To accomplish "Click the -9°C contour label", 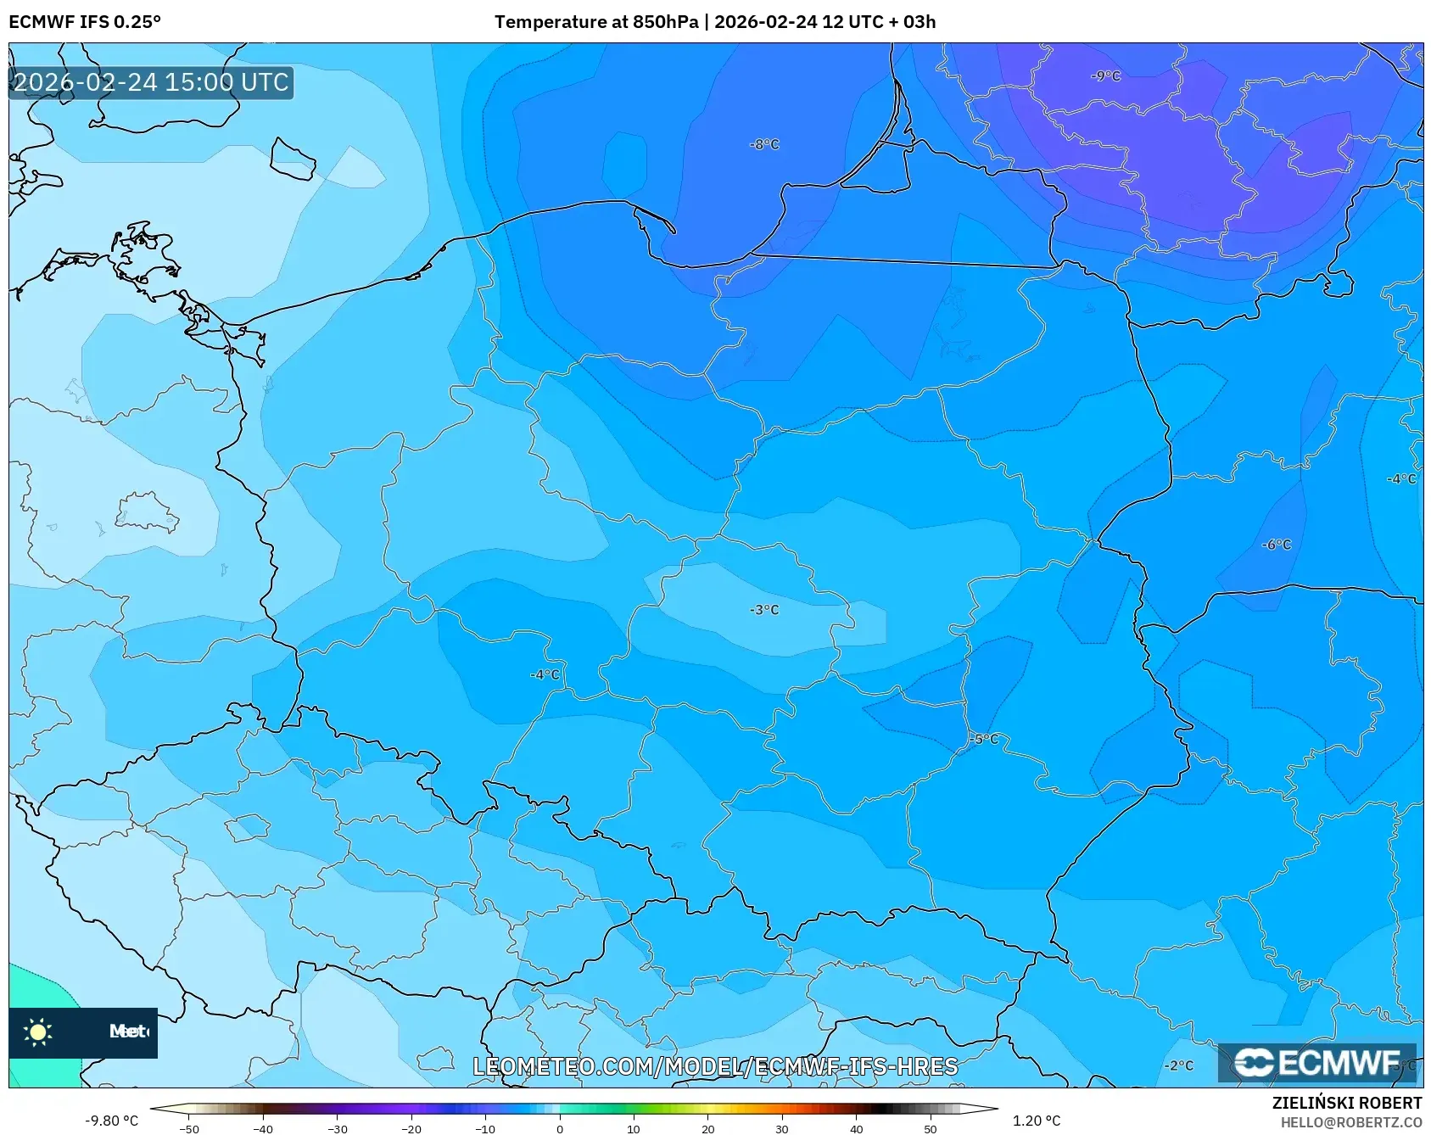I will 1105,76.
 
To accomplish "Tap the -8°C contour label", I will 763,145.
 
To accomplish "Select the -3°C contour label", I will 763,610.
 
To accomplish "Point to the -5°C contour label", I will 984,740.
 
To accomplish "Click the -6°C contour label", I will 1276,545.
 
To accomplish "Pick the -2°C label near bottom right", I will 1178,1065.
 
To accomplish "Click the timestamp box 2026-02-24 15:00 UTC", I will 151,82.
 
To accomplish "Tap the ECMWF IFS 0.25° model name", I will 85,22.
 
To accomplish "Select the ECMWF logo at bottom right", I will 1316,1062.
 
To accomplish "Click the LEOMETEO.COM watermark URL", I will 715,1066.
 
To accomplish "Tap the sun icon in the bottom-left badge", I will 38,1032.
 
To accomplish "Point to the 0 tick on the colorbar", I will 559,1129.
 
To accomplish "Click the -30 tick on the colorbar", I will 337,1129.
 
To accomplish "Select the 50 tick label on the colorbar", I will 930,1129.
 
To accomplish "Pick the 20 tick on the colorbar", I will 707,1129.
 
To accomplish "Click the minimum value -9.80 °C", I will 111,1121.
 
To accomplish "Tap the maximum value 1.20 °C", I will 1037,1121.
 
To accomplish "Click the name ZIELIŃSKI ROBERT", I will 1346,1103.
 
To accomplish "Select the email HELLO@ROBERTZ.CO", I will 1350,1122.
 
